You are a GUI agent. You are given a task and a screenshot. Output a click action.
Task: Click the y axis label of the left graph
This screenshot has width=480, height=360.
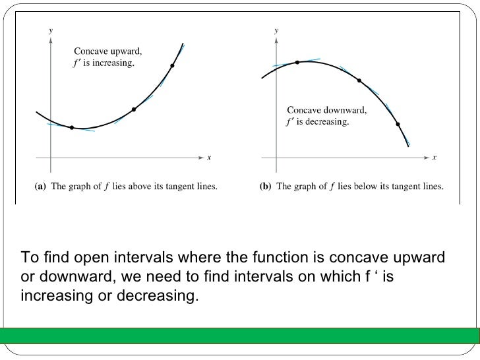pyautogui.click(x=51, y=30)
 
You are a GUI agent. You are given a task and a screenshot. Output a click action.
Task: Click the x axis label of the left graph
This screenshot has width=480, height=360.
pyautogui.click(x=208, y=158)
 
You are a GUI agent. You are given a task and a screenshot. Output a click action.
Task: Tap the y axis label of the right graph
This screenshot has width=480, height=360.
pyautogui.click(x=276, y=30)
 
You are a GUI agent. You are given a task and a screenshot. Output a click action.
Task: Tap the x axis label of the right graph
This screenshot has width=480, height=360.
pyautogui.click(x=434, y=158)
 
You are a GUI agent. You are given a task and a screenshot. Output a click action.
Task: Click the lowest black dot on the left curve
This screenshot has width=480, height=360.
pyautogui.click(x=72, y=127)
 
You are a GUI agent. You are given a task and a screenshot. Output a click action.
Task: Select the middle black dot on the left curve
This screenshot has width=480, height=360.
pyautogui.click(x=134, y=109)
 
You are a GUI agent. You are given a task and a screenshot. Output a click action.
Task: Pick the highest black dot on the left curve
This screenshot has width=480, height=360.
pyautogui.click(x=173, y=65)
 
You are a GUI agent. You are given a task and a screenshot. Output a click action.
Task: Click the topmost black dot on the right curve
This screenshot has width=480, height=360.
pyautogui.click(x=297, y=62)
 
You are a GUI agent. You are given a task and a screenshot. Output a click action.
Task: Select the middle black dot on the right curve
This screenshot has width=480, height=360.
pyautogui.click(x=359, y=80)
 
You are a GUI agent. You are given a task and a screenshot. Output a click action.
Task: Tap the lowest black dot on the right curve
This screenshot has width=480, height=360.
pyautogui.click(x=398, y=123)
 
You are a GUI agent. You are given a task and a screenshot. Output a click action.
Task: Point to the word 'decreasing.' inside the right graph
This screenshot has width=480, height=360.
pyautogui.click(x=326, y=122)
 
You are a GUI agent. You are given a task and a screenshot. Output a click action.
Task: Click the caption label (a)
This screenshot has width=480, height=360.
pyautogui.click(x=40, y=187)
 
